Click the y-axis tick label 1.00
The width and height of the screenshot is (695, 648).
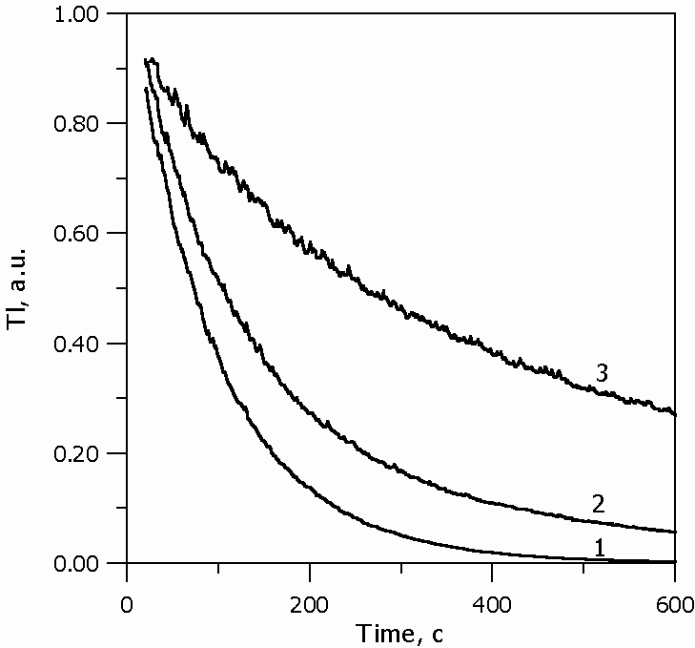[x=91, y=13]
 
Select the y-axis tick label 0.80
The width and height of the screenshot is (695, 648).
[x=91, y=123]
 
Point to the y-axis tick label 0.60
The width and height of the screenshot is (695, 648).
[x=91, y=233]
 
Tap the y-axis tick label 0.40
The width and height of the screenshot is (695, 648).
[x=91, y=343]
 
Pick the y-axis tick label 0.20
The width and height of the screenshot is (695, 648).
[x=91, y=452]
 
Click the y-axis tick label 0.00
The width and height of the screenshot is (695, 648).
[x=91, y=563]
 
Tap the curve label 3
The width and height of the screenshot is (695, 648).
[x=602, y=373]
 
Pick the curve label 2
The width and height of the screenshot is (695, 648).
[x=599, y=503]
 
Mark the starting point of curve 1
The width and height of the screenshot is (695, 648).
[x=145, y=88]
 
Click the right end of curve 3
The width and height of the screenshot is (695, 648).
[x=675, y=414]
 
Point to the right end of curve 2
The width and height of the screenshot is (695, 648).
[x=675, y=532]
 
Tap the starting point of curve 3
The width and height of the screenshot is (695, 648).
[x=145, y=60]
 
